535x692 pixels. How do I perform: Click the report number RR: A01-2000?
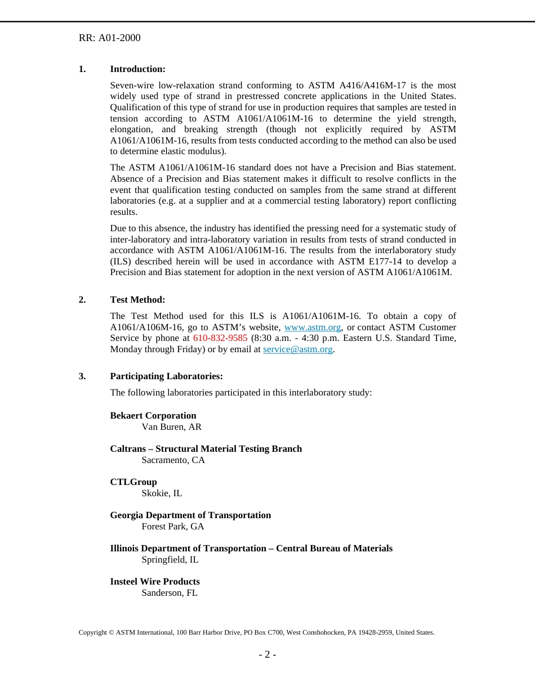pyautogui.click(x=109, y=38)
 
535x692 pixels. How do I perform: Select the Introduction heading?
pyautogui.click(x=137, y=69)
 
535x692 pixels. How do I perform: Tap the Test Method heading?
pyautogui.click(x=137, y=300)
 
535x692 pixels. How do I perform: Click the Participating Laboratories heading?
pyautogui.click(x=166, y=376)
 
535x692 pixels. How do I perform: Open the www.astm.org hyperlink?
pyautogui.click(x=313, y=327)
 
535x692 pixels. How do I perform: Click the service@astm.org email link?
pyautogui.click(x=298, y=349)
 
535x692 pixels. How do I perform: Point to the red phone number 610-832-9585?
pyautogui.click(x=220, y=338)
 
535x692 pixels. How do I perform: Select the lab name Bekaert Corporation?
pyautogui.click(x=153, y=416)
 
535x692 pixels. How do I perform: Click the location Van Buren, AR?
pyautogui.click(x=171, y=427)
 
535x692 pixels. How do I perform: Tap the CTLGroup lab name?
pyautogui.click(x=133, y=482)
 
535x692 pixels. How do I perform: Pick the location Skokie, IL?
pyautogui.click(x=162, y=493)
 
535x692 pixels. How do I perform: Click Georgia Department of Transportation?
pyautogui.click(x=190, y=515)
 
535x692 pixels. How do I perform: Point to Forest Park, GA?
pyautogui.click(x=173, y=527)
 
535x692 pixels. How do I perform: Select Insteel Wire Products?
pyautogui.click(x=155, y=582)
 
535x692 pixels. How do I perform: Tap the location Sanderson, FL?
pyautogui.click(x=170, y=593)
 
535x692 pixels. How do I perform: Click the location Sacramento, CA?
pyautogui.click(x=173, y=460)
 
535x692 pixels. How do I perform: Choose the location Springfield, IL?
pyautogui.click(x=170, y=560)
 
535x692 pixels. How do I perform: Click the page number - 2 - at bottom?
pyautogui.click(x=267, y=654)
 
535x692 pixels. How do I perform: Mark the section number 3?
pyautogui.click(x=82, y=376)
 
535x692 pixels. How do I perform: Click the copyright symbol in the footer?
pyautogui.click(x=111, y=632)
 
